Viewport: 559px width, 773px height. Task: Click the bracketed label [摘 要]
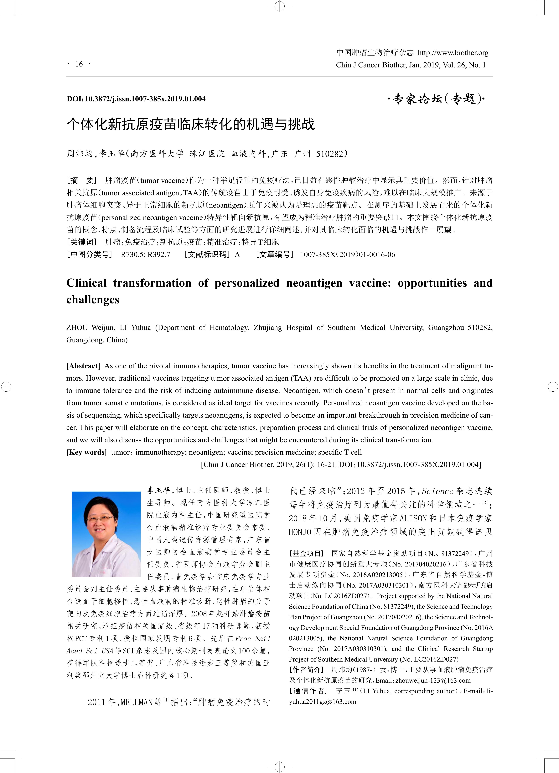82,180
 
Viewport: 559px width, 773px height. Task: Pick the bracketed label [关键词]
82,242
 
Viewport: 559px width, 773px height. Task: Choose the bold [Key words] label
86,452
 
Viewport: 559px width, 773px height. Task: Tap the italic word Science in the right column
437,491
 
